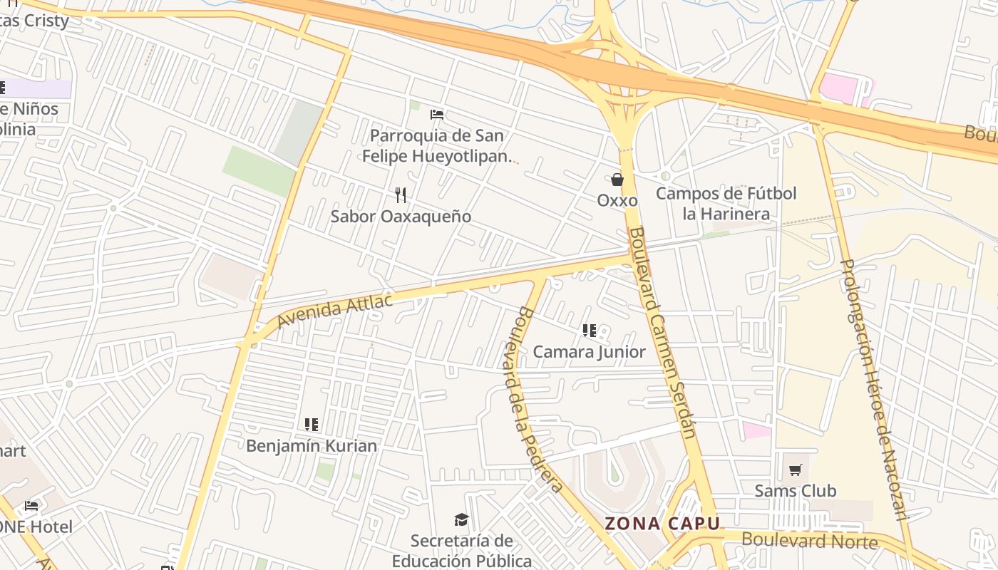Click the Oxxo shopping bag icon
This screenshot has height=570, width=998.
[x=617, y=180]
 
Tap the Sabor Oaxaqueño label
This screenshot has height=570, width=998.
[x=401, y=216]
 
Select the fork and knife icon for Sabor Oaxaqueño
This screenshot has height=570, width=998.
[x=401, y=195]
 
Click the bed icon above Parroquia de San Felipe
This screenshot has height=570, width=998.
[x=437, y=114]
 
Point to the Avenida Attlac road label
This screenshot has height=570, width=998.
[x=334, y=311]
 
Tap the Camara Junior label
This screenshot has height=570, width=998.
[x=589, y=351]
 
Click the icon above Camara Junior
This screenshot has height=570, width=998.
[x=589, y=331]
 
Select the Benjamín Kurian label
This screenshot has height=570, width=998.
[x=312, y=445]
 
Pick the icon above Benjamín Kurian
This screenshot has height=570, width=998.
[x=312, y=425]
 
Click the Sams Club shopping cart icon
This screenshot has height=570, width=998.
[x=796, y=470]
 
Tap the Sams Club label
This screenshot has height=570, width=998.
[x=796, y=490]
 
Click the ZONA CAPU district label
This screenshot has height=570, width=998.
[x=662, y=524]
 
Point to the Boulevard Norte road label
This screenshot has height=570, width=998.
[x=810, y=540]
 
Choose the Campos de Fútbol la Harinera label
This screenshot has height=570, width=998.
[x=726, y=203]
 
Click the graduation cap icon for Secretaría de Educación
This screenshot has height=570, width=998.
[x=462, y=520]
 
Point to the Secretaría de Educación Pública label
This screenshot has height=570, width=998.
[x=462, y=551]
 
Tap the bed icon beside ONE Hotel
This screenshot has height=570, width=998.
[x=31, y=506]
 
